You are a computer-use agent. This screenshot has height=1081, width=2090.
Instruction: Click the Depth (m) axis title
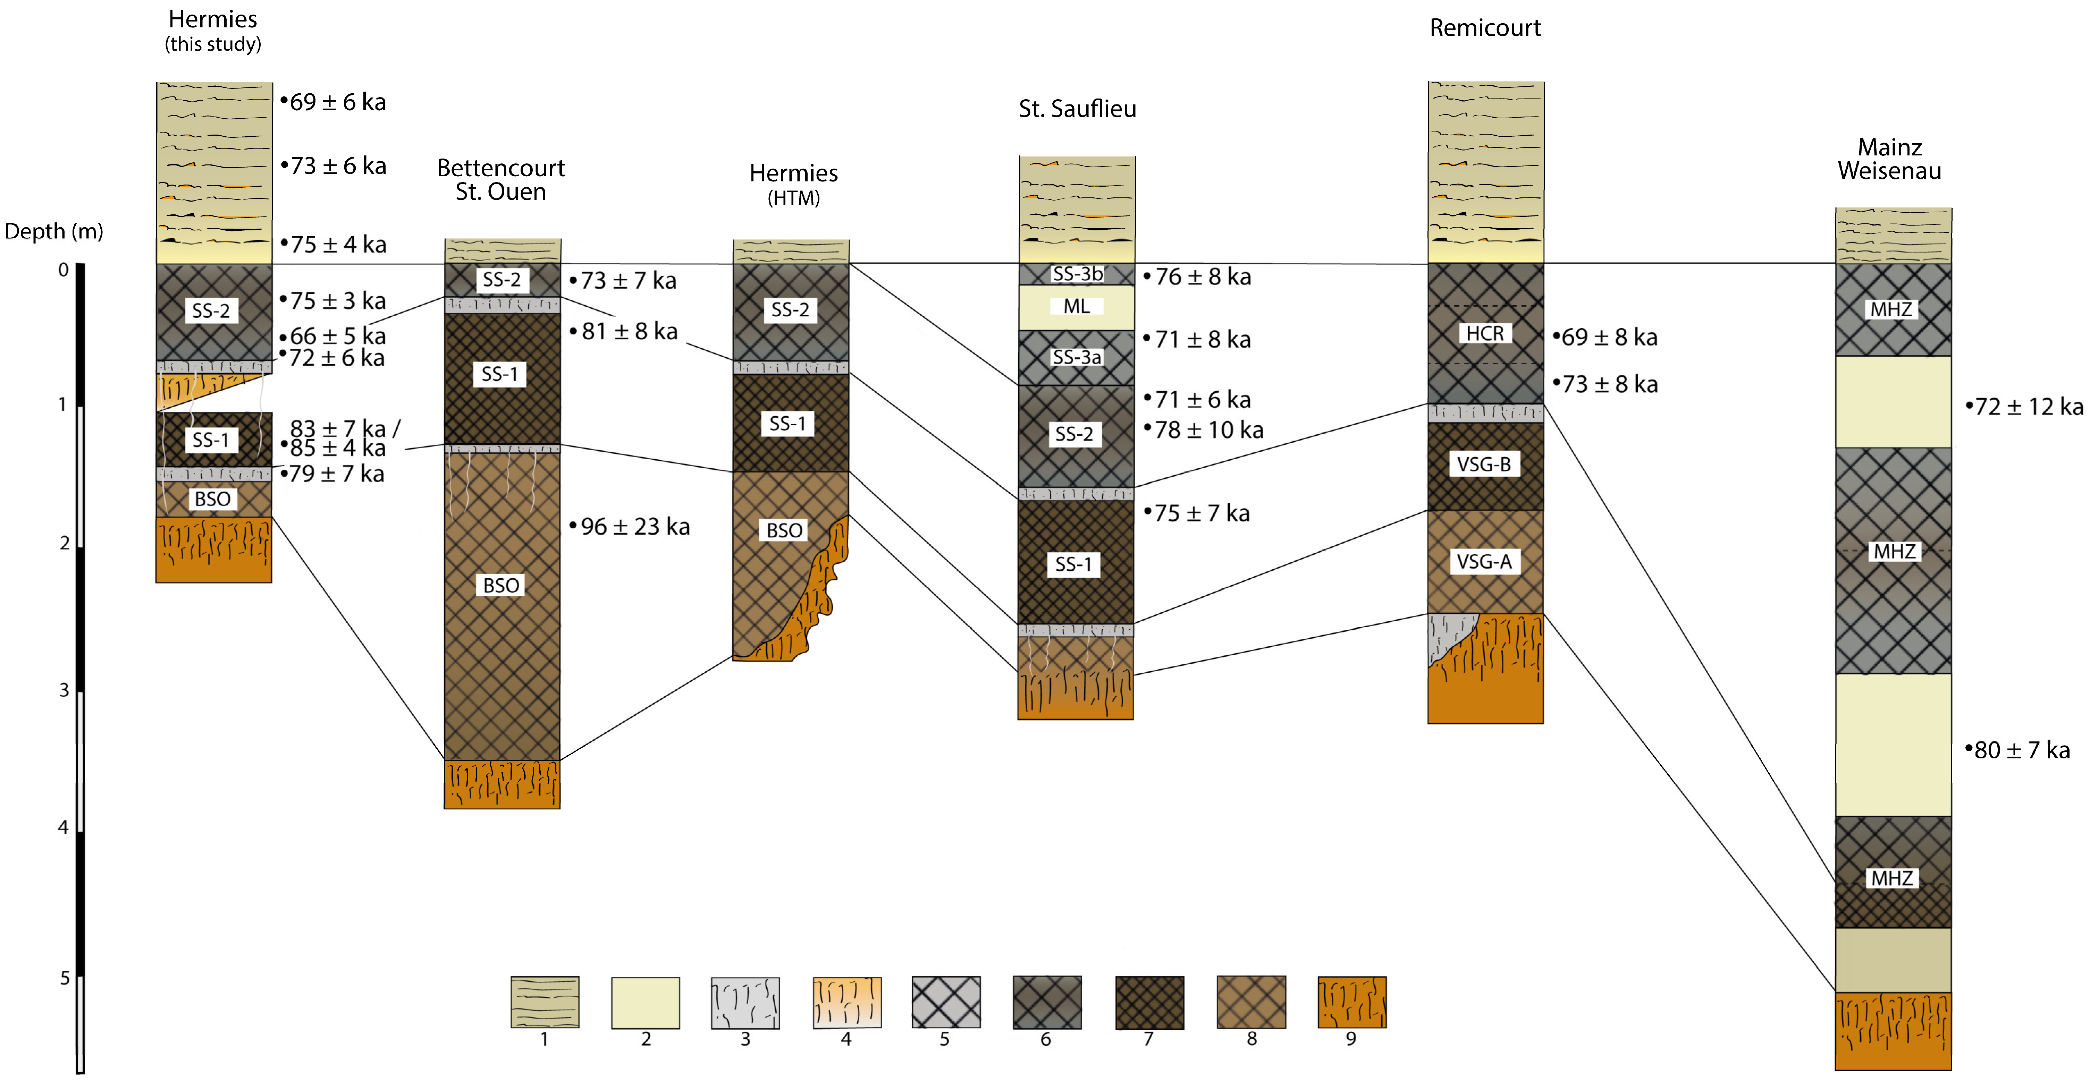tap(53, 232)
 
